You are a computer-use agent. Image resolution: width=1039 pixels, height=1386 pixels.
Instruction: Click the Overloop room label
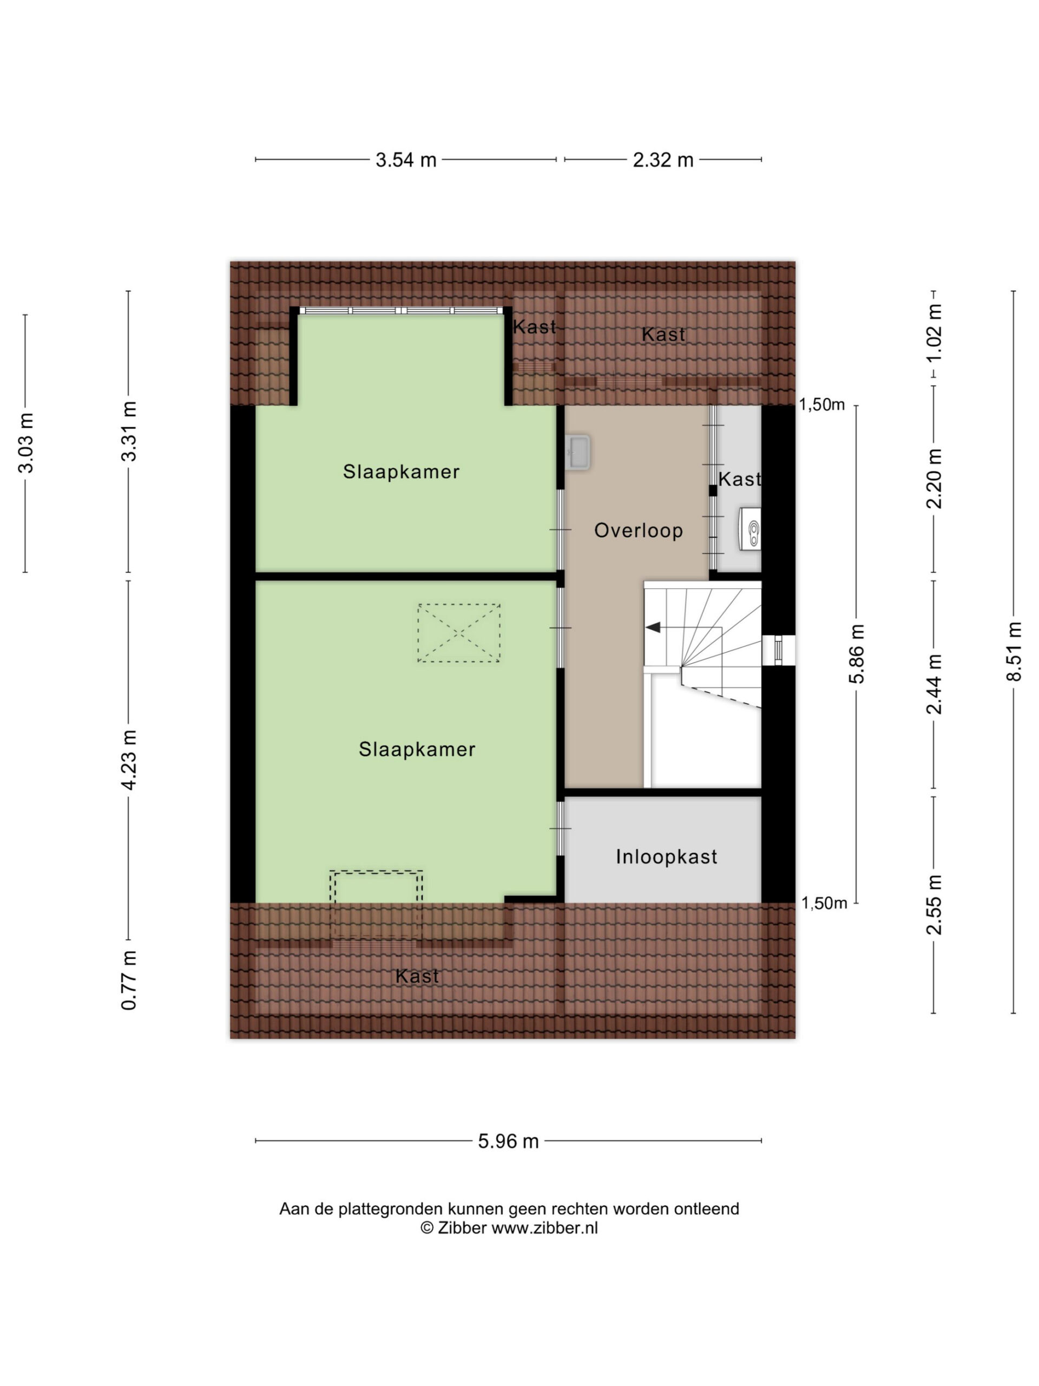pyautogui.click(x=638, y=531)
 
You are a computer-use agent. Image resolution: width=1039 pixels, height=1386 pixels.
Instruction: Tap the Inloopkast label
pyautogui.click(x=666, y=857)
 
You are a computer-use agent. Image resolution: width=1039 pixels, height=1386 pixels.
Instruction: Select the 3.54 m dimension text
pyautogui.click(x=406, y=160)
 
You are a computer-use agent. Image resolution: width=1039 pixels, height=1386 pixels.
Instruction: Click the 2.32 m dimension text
pyautogui.click(x=663, y=160)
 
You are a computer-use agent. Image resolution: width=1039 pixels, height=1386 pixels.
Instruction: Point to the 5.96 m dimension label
pyautogui.click(x=509, y=1141)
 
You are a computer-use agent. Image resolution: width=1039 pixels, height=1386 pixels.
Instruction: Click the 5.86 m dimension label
pyautogui.click(x=857, y=653)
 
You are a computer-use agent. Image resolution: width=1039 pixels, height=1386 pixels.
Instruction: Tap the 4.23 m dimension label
pyautogui.click(x=129, y=760)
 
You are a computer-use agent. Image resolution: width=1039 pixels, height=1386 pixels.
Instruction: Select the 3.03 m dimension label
pyautogui.click(x=25, y=443)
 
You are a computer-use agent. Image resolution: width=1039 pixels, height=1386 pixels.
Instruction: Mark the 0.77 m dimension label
pyautogui.click(x=129, y=980)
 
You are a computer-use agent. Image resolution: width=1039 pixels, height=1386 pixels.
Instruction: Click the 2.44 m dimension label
pyautogui.click(x=935, y=684)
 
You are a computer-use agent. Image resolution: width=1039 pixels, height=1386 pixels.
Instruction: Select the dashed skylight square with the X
pyautogui.click(x=459, y=633)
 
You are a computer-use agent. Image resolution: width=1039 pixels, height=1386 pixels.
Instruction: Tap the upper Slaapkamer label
pyautogui.click(x=402, y=472)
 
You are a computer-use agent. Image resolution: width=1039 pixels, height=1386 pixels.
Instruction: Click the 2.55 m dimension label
pyautogui.click(x=935, y=905)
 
